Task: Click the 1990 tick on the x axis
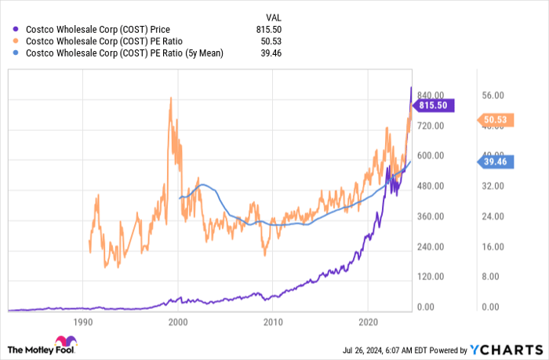click(x=83, y=322)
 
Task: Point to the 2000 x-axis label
click(x=178, y=322)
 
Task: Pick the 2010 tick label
click(x=273, y=322)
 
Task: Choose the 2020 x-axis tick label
click(x=368, y=322)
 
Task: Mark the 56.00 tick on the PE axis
click(x=493, y=95)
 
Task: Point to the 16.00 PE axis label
click(x=493, y=247)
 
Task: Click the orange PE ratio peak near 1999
click(x=171, y=98)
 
